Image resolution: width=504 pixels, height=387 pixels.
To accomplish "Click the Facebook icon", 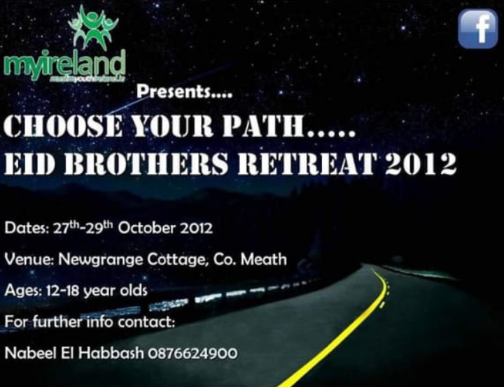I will pyautogui.click(x=477, y=29).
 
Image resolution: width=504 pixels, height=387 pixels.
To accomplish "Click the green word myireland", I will pyautogui.click(x=64, y=65).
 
